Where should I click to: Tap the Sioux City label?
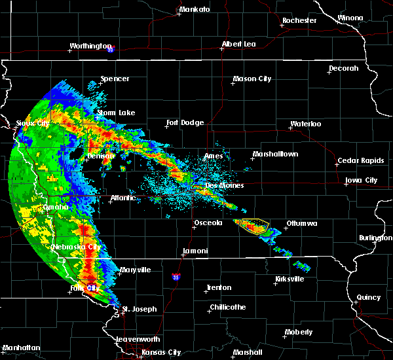click(x=33, y=122)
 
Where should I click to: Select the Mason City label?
click(x=252, y=79)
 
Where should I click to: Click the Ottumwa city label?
click(x=301, y=224)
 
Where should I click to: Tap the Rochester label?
click(x=299, y=20)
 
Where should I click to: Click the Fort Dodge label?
click(x=185, y=122)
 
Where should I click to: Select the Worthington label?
click(x=90, y=46)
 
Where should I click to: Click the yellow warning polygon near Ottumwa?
click(x=255, y=226)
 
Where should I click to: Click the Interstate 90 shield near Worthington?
click(x=111, y=48)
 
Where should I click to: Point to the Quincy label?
click(x=369, y=297)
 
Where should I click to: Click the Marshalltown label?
click(x=275, y=154)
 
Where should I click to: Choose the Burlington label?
click(x=375, y=238)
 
